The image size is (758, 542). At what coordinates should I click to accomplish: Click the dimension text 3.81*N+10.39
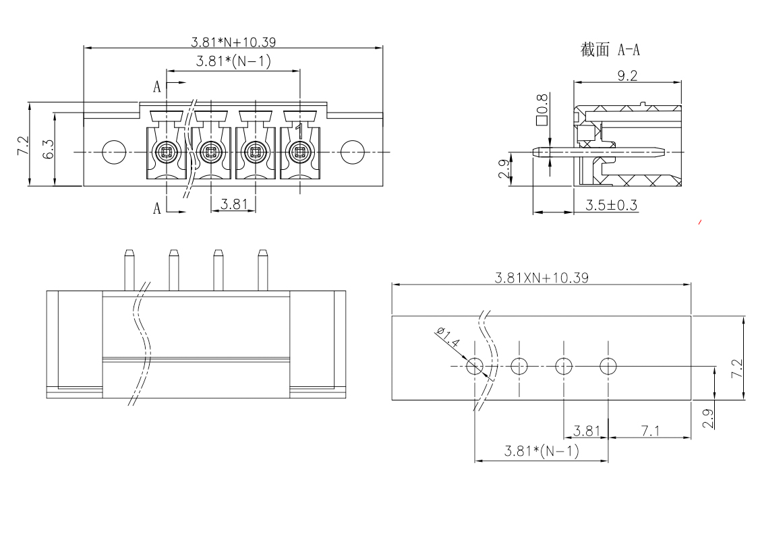pos(233,42)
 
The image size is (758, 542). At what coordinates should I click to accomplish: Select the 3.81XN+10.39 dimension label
pos(542,278)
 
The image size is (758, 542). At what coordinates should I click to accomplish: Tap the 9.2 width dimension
pos(627,76)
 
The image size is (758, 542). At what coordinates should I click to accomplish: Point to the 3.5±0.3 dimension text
pos(611,205)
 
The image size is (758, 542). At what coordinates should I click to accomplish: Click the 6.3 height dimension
pos(48,150)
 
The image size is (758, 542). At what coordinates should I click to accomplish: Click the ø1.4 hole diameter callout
pos(448,338)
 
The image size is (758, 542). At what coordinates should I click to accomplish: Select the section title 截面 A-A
pos(610,50)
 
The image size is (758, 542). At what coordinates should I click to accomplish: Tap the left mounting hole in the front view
pos(113,152)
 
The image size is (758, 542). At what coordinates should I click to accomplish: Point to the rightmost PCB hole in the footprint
pos(608,366)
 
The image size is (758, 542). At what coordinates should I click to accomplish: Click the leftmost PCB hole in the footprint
pos(475,366)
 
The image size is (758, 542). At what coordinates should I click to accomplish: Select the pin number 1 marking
pos(299,127)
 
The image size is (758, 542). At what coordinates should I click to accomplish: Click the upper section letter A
pos(157,87)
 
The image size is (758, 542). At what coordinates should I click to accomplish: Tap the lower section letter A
pos(157,208)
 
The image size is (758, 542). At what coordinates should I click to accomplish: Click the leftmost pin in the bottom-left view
pos(128,270)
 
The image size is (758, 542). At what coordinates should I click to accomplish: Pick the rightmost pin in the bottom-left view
pos(262,270)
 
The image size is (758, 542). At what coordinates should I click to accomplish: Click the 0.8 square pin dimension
pos(542,110)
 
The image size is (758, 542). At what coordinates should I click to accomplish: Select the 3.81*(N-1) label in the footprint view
pos(542,451)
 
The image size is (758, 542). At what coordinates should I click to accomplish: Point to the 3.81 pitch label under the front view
pos(234,203)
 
